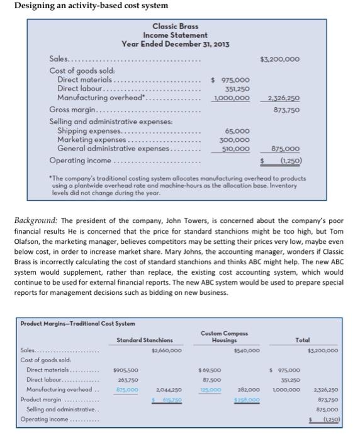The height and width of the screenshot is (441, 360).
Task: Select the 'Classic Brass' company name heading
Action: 174,26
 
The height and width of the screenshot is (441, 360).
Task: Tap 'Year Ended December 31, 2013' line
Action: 174,43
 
